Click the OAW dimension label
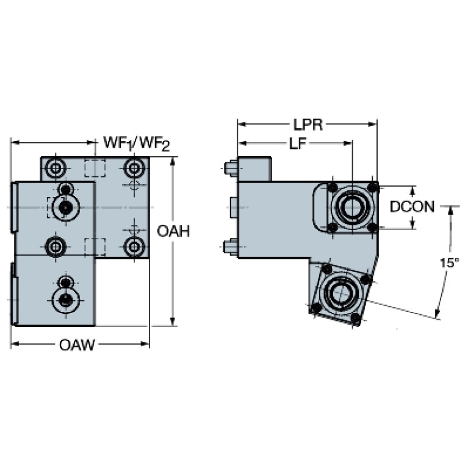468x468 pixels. [77, 345]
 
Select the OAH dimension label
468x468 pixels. [173, 231]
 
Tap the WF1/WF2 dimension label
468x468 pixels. [137, 143]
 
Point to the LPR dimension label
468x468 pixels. [308, 124]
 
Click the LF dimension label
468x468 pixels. [298, 143]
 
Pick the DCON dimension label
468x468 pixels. [412, 206]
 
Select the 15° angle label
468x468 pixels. [450, 263]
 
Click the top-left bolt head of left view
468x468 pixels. [55, 168]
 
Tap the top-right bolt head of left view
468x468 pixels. [134, 168]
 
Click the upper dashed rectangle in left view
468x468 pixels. [95, 168]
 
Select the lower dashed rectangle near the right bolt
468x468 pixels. [95, 247]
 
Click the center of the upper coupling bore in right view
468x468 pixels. [353, 207]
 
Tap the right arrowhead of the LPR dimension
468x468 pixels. [373, 124]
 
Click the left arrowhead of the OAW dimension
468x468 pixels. [15, 344]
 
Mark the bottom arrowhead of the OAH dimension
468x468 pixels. [172, 322]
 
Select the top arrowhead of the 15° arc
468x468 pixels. [450, 211]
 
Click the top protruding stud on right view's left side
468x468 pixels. [231, 168]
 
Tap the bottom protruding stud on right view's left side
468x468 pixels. [231, 247]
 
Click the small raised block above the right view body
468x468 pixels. [254, 169]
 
